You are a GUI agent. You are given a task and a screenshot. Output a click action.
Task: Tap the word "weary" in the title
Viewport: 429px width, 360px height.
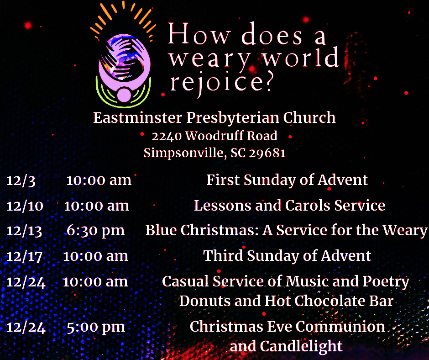209,59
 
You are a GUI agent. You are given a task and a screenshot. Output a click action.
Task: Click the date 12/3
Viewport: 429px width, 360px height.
21,181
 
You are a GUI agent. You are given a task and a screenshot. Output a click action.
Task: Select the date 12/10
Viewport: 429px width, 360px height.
25,206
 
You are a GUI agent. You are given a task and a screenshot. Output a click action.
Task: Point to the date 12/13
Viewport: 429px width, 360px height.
24,231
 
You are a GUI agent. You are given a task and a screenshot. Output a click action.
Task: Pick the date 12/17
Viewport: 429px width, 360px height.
24,256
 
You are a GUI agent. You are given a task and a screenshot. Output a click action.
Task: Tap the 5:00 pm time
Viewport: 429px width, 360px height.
96,328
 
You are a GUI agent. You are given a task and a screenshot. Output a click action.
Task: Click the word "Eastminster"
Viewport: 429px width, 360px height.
138,117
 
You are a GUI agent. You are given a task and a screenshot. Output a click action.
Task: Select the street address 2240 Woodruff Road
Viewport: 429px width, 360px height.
214,136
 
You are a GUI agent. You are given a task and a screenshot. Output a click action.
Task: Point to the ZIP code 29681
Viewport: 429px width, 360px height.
267,153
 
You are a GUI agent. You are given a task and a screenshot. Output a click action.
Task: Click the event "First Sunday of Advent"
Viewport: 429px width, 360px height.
287,180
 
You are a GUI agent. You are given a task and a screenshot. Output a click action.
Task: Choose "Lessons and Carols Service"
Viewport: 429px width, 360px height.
289,206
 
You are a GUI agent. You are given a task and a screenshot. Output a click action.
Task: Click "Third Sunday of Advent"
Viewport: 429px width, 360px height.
287,256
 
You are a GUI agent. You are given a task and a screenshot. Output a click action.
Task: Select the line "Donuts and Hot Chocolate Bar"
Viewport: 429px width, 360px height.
286,301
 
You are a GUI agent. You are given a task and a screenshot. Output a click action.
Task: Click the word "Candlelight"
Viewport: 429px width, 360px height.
301,346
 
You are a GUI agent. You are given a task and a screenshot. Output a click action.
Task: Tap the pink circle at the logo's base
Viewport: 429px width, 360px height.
124,95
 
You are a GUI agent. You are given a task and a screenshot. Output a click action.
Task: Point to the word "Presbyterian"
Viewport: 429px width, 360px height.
233,118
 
